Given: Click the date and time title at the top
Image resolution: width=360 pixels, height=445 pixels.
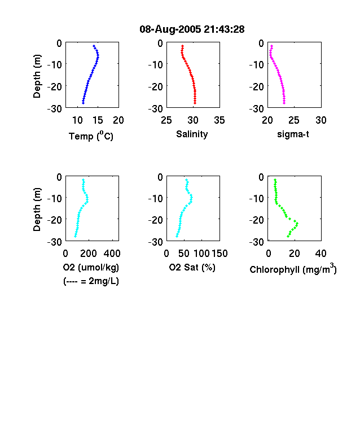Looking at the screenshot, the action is pyautogui.click(x=192, y=29).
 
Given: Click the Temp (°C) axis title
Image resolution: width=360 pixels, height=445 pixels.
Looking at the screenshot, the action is pyautogui.click(x=91, y=136).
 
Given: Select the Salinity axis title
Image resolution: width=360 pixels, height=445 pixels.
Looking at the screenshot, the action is pyautogui.click(x=192, y=134).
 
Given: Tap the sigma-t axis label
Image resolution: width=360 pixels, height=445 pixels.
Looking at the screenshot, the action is pyautogui.click(x=293, y=134).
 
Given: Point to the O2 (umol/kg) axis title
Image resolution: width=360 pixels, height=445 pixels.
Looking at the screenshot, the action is pyautogui.click(x=91, y=267).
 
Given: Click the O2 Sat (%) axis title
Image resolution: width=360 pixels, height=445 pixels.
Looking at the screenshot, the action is pyautogui.click(x=192, y=267).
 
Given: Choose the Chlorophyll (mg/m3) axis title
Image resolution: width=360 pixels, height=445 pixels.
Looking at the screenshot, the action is pyautogui.click(x=293, y=269).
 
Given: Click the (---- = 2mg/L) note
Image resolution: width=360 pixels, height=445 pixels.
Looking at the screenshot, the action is pyautogui.click(x=91, y=281).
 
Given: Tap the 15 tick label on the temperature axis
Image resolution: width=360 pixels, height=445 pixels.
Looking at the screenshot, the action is pyautogui.click(x=98, y=120).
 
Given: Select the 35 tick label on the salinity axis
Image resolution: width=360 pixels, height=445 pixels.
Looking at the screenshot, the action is pyautogui.click(x=219, y=120).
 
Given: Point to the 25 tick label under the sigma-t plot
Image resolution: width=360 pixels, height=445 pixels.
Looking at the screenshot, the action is pyautogui.click(x=294, y=120).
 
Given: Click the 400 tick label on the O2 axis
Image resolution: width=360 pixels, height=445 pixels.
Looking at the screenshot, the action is pyautogui.click(x=112, y=253).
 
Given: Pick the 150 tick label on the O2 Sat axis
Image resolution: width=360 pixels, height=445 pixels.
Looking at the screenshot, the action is pyautogui.click(x=219, y=253).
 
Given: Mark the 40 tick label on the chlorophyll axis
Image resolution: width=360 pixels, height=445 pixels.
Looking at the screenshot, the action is pyautogui.click(x=321, y=253).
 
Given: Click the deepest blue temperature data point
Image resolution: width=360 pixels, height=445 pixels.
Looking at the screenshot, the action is pyautogui.click(x=83, y=103).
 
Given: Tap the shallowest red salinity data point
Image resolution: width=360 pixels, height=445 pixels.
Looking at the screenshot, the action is pyautogui.click(x=183, y=46).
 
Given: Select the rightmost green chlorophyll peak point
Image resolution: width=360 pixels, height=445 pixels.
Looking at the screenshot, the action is pyautogui.click(x=297, y=224).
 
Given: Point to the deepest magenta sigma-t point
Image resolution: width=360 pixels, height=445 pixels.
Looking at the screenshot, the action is pyautogui.click(x=284, y=103).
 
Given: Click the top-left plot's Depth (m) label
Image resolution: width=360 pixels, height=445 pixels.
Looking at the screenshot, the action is pyautogui.click(x=37, y=76).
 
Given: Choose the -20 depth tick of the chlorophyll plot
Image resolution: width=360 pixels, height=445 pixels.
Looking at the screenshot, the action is pyautogui.click(x=257, y=220).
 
